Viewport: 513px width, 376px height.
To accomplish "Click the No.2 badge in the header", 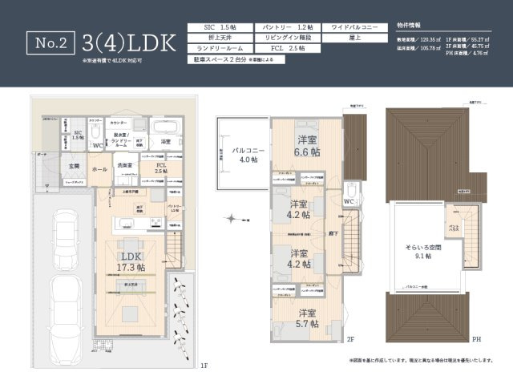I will pyautogui.click(x=50, y=42).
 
